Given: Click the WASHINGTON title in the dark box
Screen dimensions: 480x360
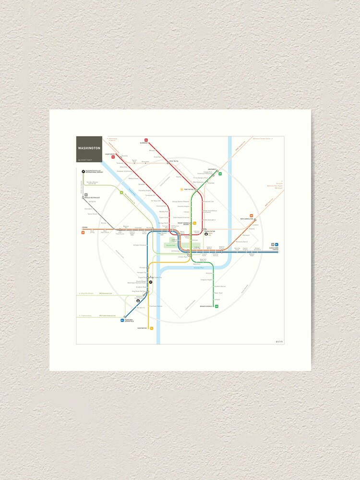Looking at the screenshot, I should tap(90, 148).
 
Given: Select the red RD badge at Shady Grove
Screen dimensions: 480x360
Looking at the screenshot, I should tap(113, 157).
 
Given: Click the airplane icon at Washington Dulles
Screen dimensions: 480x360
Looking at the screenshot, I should tap(83, 171).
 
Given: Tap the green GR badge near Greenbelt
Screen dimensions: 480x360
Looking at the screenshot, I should tap(220, 174).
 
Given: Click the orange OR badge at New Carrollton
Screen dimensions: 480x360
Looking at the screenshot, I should tap(252, 216).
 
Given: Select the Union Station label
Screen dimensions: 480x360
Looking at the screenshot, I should tap(210, 231).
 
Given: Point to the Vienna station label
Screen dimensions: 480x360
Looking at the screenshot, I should tap(84, 229).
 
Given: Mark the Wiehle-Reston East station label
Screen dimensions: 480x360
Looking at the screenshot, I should tap(93, 198).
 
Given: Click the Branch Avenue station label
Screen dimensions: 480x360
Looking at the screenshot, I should tap(207, 306).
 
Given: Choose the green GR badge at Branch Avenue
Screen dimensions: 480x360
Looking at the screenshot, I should tap(217, 306).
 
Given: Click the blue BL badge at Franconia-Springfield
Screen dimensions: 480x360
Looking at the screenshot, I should tap(123, 319).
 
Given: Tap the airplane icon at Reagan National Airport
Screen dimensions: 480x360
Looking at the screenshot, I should tap(150, 282).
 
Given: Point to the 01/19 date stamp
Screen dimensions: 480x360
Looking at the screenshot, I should tap(279, 342).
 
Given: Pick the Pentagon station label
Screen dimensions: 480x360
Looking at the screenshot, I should tap(143, 267).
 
